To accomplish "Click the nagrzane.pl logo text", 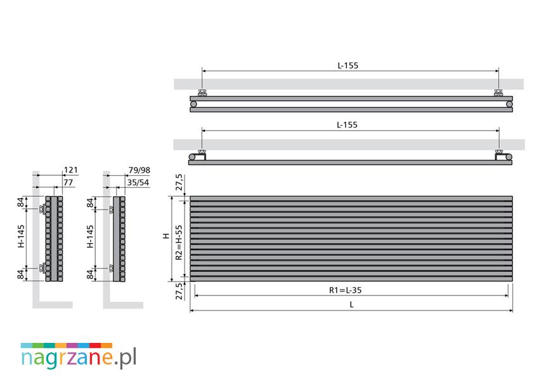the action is [x=79, y=358].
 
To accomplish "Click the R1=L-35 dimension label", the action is [x=346, y=290].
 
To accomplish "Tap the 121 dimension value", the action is [x=71, y=170].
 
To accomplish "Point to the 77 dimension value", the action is [x=68, y=182].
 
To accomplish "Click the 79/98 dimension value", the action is [x=140, y=170].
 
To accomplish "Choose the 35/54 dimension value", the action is [x=138, y=182].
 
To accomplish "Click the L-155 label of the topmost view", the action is [x=348, y=65].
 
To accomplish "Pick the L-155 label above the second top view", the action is [x=347, y=124].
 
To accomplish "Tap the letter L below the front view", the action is [x=351, y=305].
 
